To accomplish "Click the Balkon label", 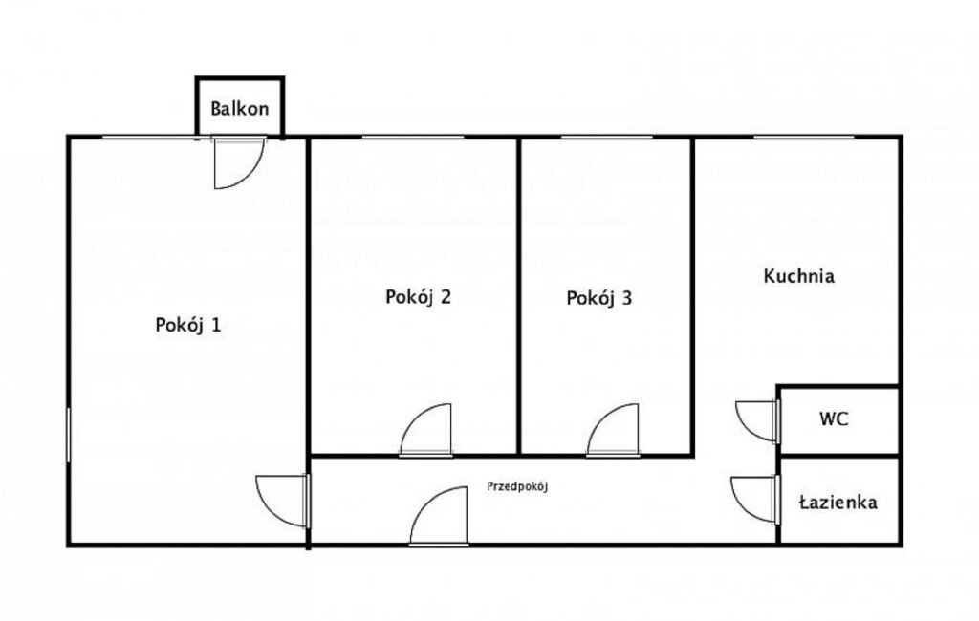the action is (240, 109).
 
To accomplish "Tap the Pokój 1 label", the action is (188, 325).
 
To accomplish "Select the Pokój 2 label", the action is (418, 296).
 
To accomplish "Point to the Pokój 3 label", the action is (598, 298).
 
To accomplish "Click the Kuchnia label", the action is (798, 276).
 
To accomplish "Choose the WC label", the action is (834, 418).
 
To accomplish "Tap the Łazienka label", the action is (838, 502).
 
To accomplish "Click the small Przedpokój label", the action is (517, 487).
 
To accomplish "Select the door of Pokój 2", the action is (426, 430).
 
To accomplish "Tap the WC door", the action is (758, 421).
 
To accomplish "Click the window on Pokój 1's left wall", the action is (69, 435).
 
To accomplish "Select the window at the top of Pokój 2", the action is (413, 137).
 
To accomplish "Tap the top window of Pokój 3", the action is (607, 137).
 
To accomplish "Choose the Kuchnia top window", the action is (804, 137).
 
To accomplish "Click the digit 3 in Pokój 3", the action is (627, 298).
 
